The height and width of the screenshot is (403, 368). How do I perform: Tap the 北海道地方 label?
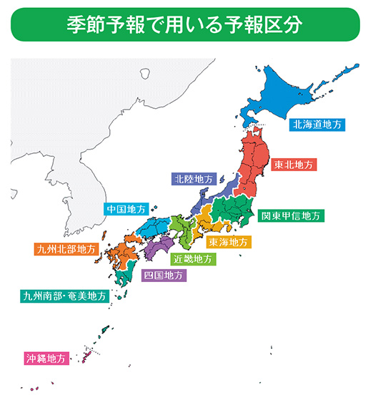click(317, 124)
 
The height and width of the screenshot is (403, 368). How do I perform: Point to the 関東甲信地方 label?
click(292, 215)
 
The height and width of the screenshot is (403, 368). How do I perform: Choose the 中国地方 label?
click(126, 209)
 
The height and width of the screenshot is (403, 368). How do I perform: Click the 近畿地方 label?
click(193, 258)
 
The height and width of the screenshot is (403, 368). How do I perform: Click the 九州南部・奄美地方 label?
click(64, 295)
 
